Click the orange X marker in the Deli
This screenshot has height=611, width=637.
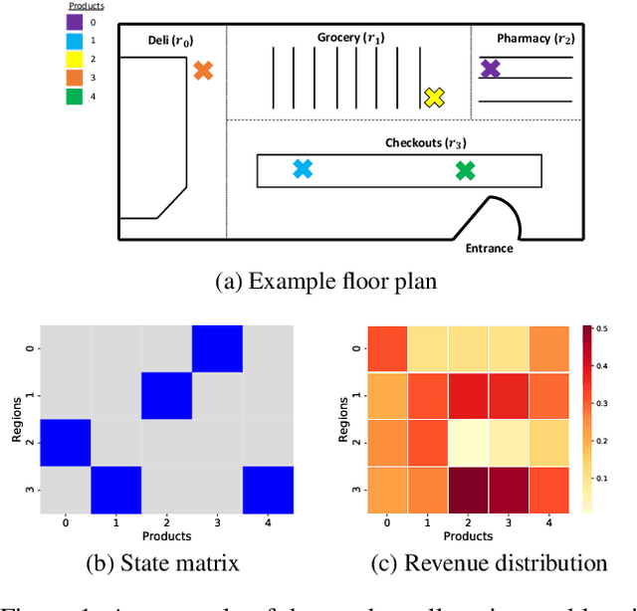pos(203,71)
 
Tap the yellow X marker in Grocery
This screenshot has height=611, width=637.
pos(434,97)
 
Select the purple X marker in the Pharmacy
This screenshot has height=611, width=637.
pos(491,69)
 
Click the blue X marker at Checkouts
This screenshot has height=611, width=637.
pos(303,169)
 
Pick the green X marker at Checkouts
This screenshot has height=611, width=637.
pos(465,171)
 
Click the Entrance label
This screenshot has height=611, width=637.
pos(489,248)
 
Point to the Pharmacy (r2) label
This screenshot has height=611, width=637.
pos(535,39)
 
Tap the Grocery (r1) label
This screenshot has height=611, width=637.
pos(351,38)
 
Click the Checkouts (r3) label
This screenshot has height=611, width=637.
pos(426,143)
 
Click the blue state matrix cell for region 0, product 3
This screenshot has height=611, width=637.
pos(217,347)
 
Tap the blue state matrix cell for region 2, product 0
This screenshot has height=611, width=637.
pos(65,442)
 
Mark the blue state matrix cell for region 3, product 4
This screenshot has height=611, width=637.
pos(268,489)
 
